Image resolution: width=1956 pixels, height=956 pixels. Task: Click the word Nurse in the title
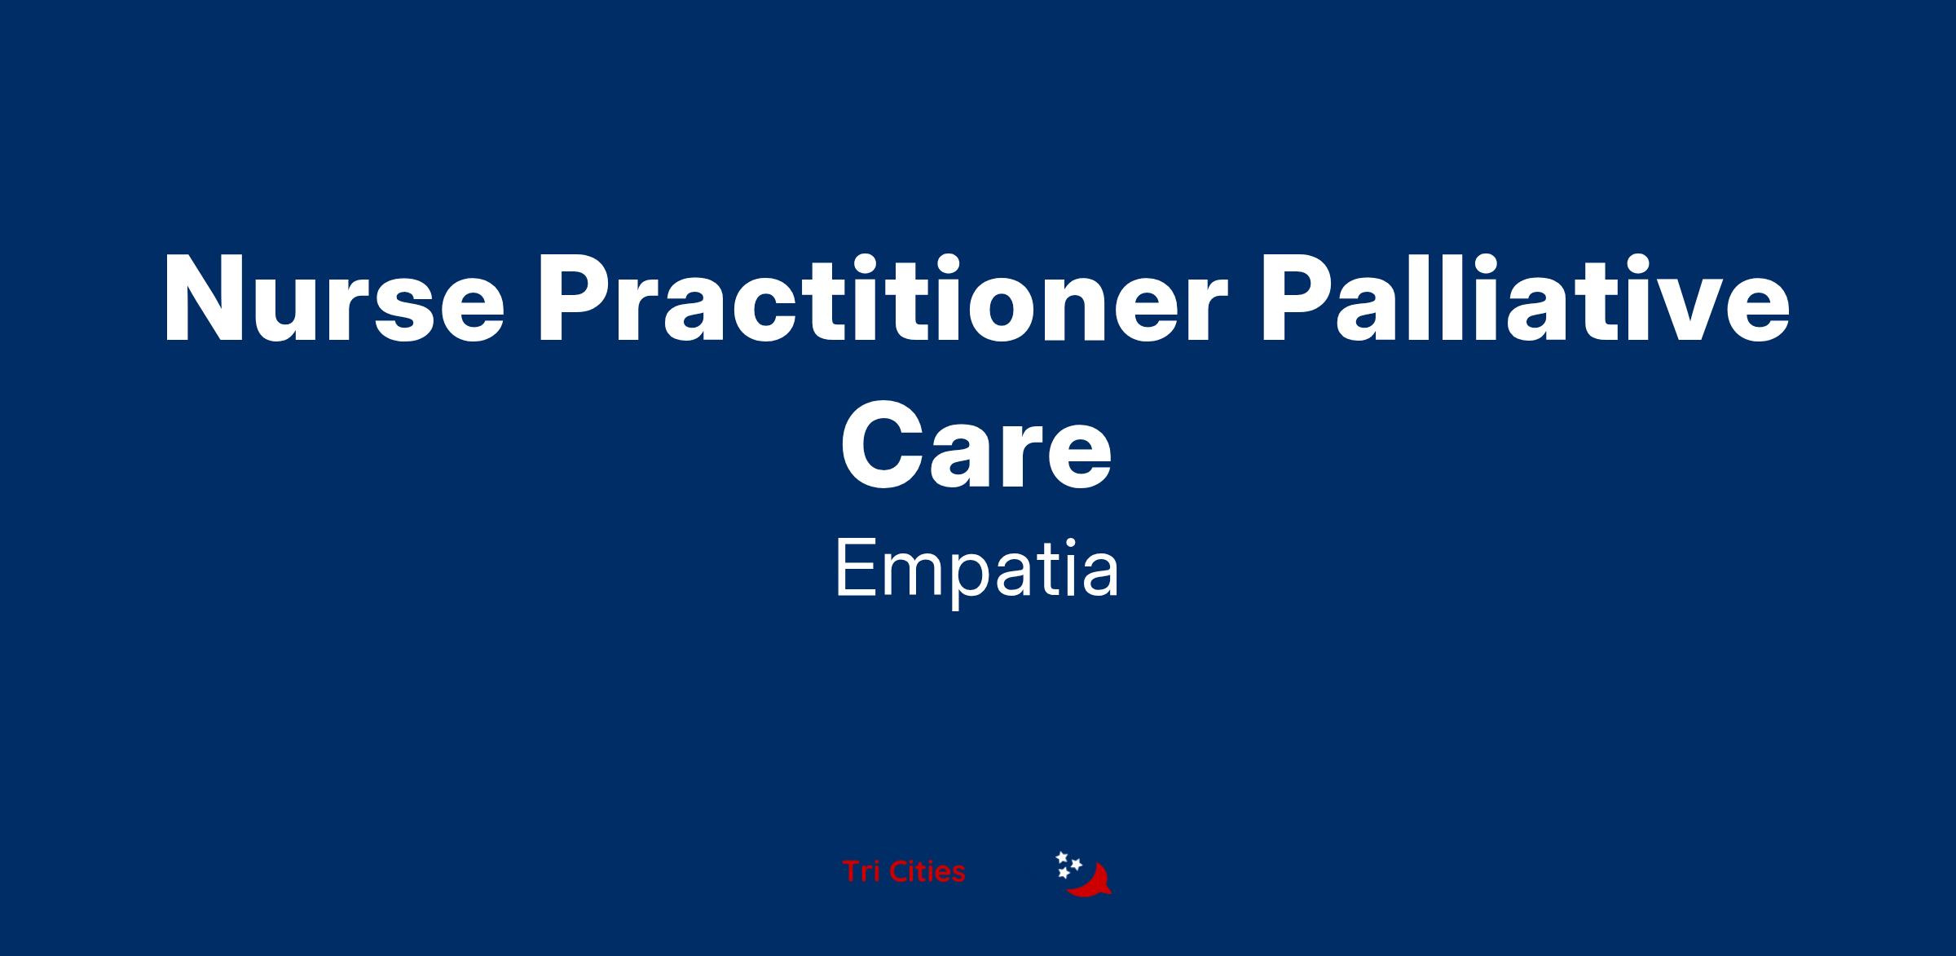click(x=334, y=299)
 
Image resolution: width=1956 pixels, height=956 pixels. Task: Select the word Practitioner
click(x=882, y=299)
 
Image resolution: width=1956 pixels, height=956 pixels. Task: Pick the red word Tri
click(x=861, y=872)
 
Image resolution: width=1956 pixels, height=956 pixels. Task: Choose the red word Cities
click(x=927, y=872)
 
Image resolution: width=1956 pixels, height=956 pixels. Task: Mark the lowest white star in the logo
click(x=1063, y=873)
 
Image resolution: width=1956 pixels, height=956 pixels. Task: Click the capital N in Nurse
click(x=204, y=299)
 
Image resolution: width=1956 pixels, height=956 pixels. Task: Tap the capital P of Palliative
click(x=1297, y=299)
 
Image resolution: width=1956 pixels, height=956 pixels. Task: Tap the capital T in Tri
click(x=852, y=872)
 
